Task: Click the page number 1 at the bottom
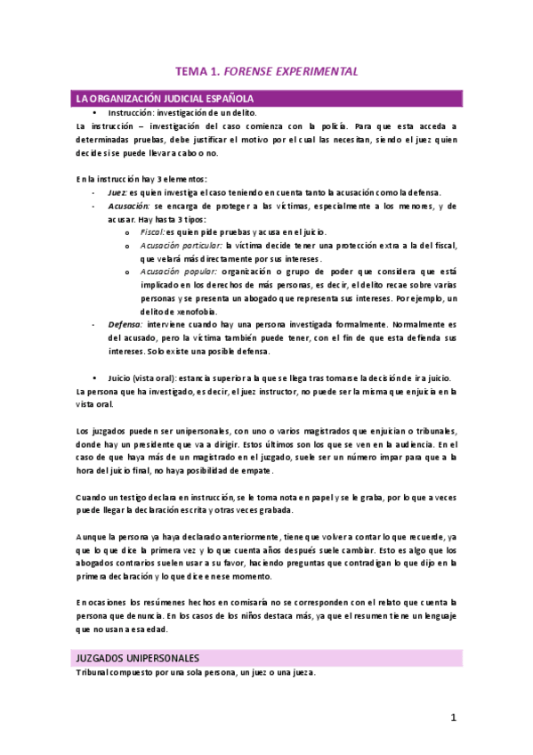coord(453,718)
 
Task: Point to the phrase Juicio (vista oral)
coord(143,377)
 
